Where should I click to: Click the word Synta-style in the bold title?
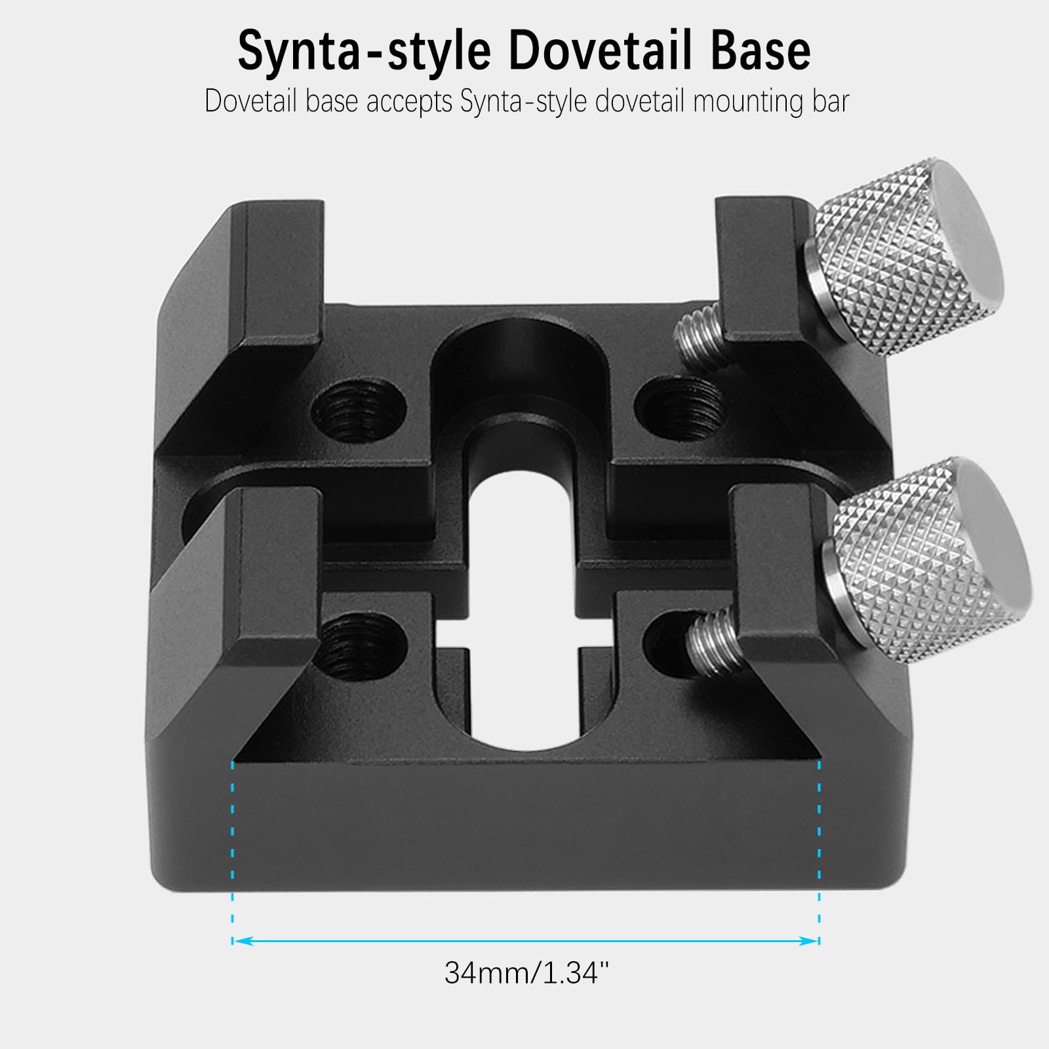365,50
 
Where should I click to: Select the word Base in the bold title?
761,50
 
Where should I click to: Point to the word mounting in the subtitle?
744,102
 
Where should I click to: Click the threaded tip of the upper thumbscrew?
700,338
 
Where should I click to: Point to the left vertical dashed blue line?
233,852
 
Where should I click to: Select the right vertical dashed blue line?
820,852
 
